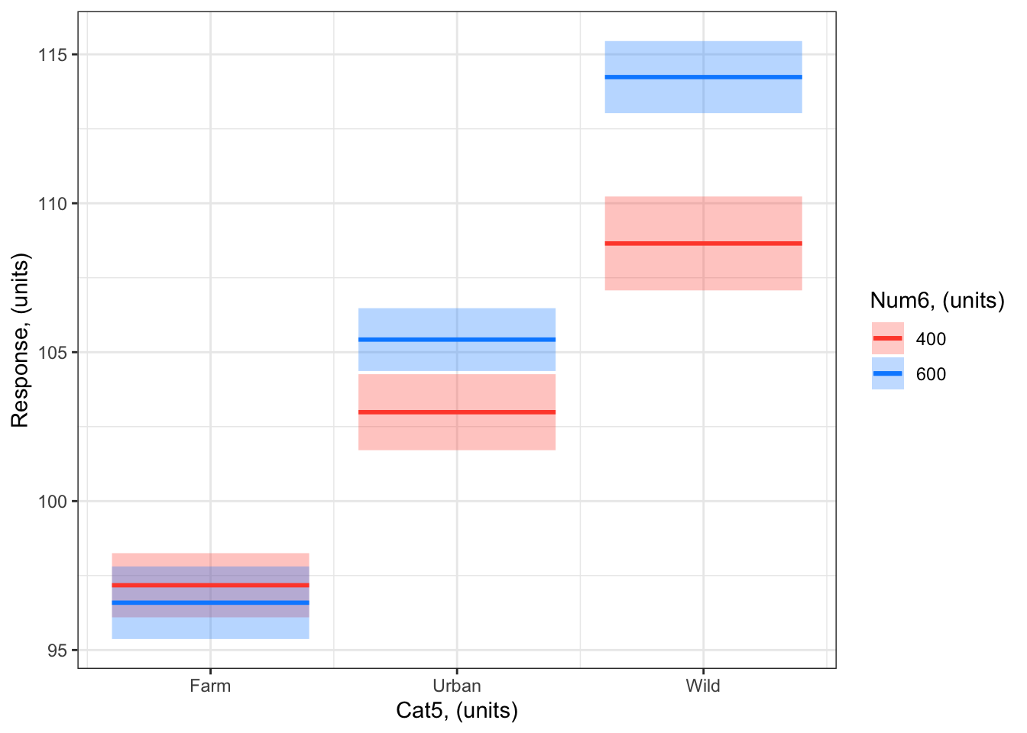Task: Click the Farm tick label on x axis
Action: (210, 686)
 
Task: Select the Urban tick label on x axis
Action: (457, 686)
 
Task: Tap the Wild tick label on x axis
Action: (703, 686)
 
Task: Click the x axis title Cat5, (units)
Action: (457, 711)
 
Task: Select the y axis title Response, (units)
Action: (20, 341)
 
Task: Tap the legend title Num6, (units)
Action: (937, 301)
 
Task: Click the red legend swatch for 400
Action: (887, 338)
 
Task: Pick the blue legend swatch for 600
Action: (887, 373)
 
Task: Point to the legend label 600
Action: (931, 374)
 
